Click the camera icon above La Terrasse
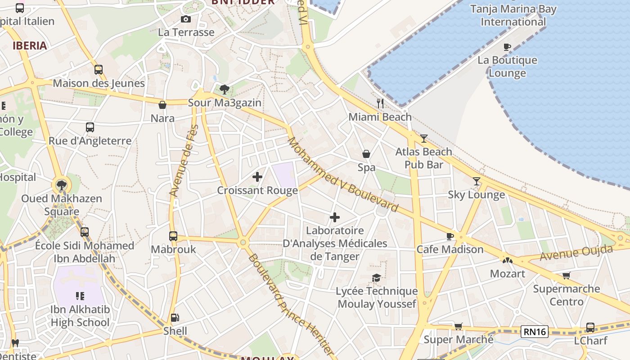(x=185, y=19)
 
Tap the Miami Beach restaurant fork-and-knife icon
(x=380, y=103)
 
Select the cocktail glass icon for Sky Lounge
(x=477, y=181)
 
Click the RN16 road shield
(x=535, y=332)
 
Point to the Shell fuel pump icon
(x=175, y=318)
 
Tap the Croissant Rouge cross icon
(x=257, y=177)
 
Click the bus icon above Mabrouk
(x=173, y=236)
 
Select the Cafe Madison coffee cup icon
(x=450, y=236)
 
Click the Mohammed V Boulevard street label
(x=343, y=175)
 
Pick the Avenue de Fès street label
(x=184, y=161)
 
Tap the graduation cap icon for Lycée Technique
(x=376, y=278)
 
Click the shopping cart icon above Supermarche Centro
(x=566, y=275)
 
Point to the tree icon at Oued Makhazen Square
(x=62, y=184)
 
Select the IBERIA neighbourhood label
(x=30, y=45)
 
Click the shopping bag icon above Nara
(x=162, y=105)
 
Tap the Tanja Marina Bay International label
(x=513, y=15)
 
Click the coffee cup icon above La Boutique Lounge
(x=507, y=47)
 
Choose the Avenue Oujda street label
(x=576, y=253)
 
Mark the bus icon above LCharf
(x=590, y=328)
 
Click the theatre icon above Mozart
(x=508, y=260)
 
